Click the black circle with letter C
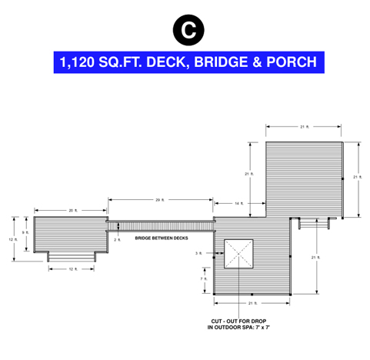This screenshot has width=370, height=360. click(188, 30)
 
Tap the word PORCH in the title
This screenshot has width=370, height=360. click(292, 62)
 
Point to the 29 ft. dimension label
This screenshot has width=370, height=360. click(160, 200)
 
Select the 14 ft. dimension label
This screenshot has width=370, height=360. click(239, 204)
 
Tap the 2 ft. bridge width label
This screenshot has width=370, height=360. click(117, 240)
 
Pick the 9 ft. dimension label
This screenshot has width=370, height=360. click(25, 232)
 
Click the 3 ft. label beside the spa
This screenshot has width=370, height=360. click(198, 253)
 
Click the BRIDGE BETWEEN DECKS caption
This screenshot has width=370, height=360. click(162, 238)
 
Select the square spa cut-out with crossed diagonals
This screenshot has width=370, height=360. click(238, 254)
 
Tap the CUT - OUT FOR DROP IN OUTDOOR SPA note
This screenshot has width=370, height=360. click(238, 325)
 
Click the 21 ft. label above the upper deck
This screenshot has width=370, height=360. click(305, 127)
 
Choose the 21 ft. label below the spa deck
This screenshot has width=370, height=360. click(252, 303)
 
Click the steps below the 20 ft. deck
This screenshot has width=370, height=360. click(72, 257)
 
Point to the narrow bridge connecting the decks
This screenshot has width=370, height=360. click(161, 226)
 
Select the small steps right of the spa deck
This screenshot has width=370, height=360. click(314, 223)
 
